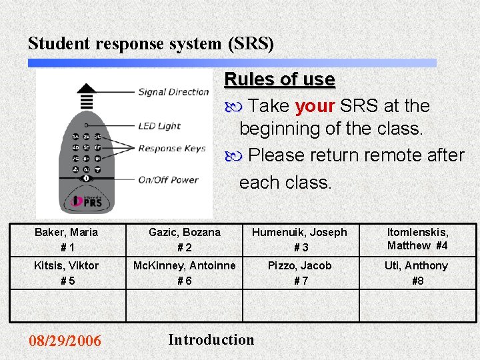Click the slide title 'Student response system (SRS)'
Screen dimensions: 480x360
[151, 43]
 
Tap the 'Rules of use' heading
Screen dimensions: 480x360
[279, 79]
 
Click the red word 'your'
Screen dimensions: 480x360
[315, 106]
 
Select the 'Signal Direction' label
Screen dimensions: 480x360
[173, 92]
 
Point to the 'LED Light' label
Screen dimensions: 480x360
[159, 125]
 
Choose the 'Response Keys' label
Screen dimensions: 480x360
[172, 148]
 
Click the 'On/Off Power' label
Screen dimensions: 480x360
[168, 179]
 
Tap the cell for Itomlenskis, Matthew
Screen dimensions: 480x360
[418, 239]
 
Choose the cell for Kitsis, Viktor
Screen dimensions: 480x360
[67, 273]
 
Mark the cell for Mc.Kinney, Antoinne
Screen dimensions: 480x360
[184, 273]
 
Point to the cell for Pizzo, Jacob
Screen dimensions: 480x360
[301, 273]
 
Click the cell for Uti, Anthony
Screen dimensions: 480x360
[418, 273]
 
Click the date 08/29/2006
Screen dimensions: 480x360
[65, 341]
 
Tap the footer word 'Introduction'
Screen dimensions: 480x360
[211, 339]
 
